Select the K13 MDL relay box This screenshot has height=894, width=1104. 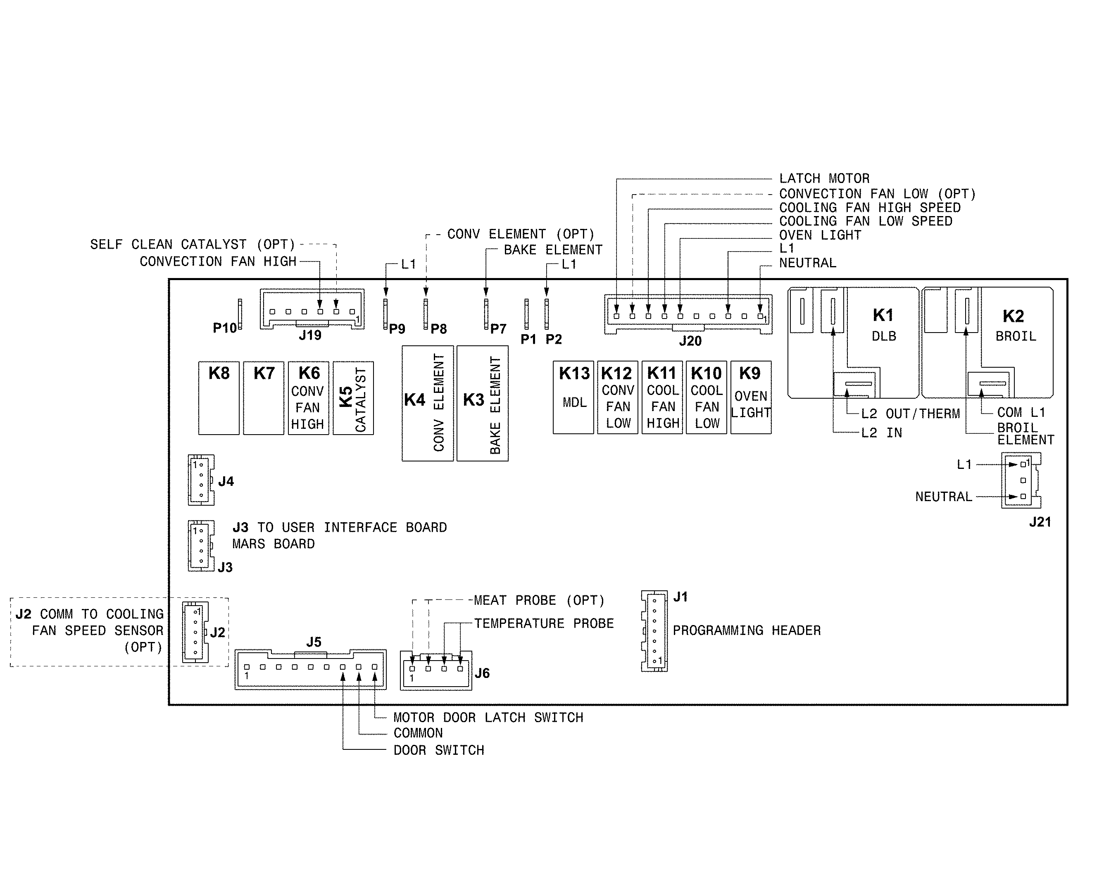573,397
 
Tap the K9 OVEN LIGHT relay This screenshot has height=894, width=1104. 751,397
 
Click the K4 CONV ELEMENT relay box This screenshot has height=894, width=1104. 427,403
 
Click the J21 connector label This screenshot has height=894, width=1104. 1040,522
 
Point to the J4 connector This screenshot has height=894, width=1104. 201,480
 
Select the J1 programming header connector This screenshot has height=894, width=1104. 654,631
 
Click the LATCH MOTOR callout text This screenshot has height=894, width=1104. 824,179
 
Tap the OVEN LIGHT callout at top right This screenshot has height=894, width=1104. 820,235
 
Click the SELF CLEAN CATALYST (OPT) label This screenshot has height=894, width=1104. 193,244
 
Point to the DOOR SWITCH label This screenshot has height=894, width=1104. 439,750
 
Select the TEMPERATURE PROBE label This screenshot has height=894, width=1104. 544,624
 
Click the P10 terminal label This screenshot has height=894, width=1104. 224,328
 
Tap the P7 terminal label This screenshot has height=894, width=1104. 498,328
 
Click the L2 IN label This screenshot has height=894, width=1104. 882,433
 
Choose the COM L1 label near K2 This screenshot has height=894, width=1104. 1021,412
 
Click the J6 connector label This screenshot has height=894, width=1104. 482,673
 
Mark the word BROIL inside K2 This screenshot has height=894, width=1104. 1016,336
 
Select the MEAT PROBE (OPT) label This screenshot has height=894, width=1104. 539,600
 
